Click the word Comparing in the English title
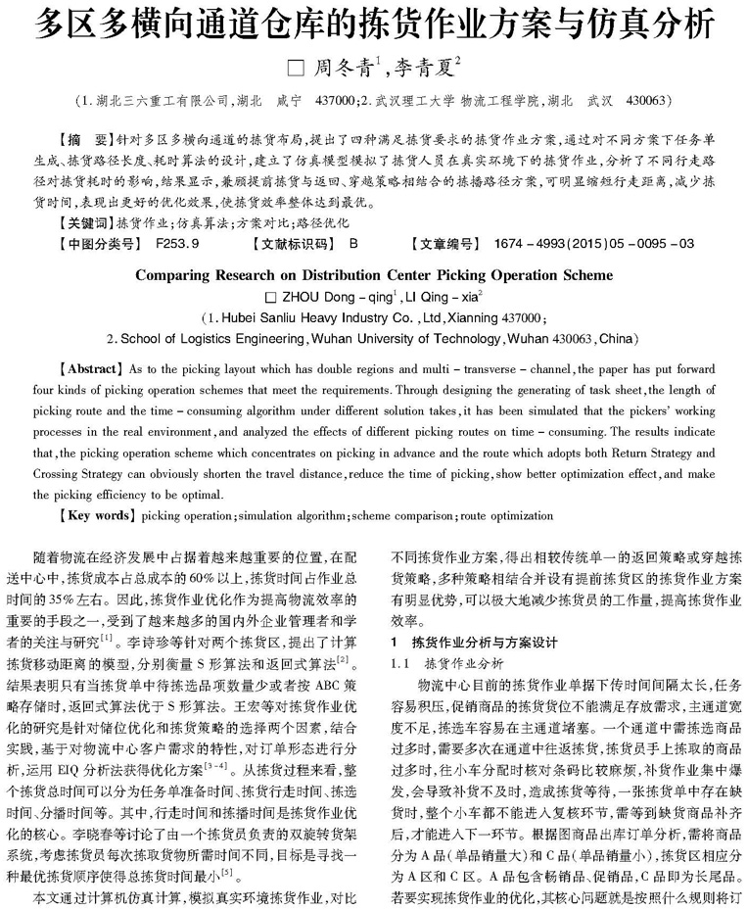[182, 275]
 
